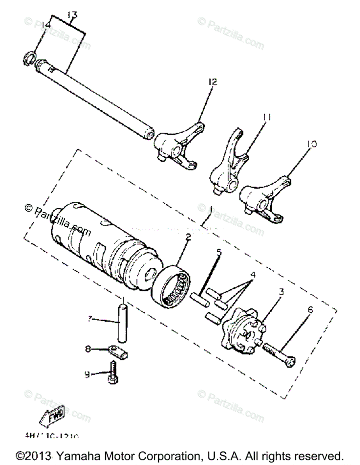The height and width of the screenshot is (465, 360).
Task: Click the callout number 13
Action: (72, 15)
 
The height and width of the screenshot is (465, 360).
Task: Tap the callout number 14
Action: (46, 25)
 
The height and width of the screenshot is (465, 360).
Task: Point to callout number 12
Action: (213, 82)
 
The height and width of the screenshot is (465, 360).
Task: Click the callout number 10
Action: (312, 144)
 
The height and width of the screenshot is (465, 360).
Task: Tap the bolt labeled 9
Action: (114, 372)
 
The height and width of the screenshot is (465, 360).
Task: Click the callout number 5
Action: (219, 252)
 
